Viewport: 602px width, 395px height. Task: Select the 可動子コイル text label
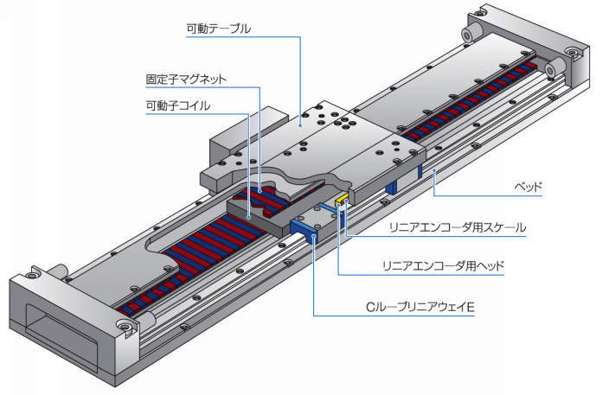tap(178, 106)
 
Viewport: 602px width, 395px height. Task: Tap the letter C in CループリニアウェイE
tap(368, 307)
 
